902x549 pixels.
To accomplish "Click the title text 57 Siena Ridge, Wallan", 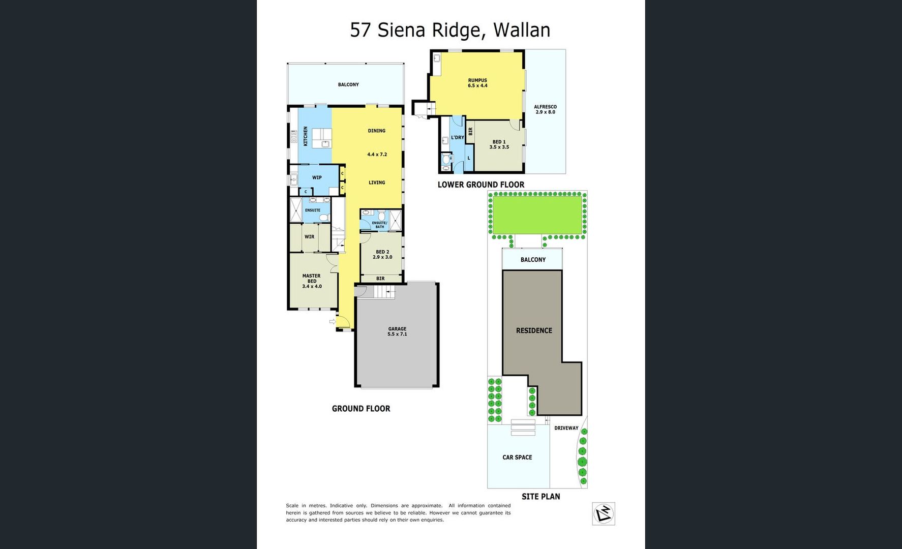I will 450,30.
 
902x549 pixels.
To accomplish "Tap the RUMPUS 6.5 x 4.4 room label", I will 477,83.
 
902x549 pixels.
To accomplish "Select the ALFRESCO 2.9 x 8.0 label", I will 545,109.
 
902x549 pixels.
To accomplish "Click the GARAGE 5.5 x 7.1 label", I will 397,331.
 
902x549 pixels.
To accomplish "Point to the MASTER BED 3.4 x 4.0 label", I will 312,281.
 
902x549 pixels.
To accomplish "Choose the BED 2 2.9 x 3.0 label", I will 382,254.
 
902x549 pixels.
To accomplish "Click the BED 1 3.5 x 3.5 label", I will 499,144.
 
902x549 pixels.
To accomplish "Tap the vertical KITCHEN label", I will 306,136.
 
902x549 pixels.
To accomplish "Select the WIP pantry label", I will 317,177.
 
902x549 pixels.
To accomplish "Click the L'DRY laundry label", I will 457,137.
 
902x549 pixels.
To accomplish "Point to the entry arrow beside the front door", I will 332,321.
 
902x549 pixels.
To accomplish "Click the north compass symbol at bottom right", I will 604,513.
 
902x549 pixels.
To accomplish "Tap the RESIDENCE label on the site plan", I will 534,330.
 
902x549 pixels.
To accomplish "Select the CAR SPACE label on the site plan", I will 517,457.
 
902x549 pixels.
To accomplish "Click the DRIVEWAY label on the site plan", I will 566,428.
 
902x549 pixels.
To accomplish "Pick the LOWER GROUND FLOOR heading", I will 480,185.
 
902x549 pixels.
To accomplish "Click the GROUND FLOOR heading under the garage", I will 361,408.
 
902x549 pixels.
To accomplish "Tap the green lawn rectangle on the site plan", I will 537,215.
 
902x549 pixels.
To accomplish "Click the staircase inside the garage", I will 384,292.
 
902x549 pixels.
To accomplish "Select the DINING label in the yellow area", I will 376,131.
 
